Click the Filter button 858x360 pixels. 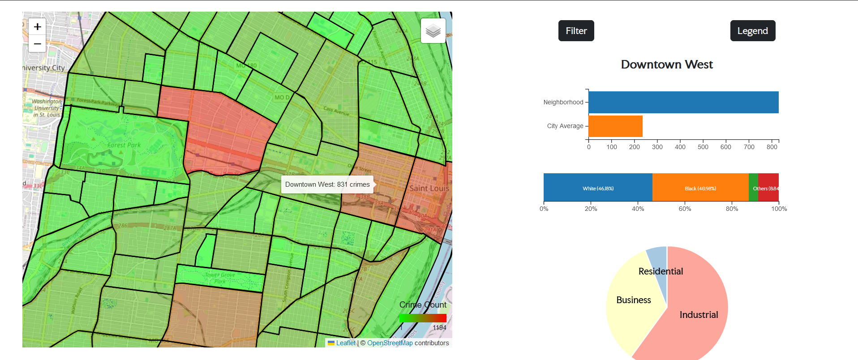576,31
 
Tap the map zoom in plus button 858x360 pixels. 38,27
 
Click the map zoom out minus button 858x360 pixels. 38,44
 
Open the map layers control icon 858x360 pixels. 433,31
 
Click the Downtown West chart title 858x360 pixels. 666,64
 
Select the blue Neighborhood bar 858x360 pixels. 683,102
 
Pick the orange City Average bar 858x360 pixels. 615,126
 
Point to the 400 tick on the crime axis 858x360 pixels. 680,147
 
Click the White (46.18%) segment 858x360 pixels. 598,188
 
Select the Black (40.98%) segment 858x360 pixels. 700,188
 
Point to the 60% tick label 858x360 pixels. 685,209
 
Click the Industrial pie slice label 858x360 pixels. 699,315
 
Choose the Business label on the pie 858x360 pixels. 633,300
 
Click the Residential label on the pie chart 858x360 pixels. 661,271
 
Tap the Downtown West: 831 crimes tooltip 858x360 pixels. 327,184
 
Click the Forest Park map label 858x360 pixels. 124,145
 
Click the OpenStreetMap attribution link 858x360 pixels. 390,343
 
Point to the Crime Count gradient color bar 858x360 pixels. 423,318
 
